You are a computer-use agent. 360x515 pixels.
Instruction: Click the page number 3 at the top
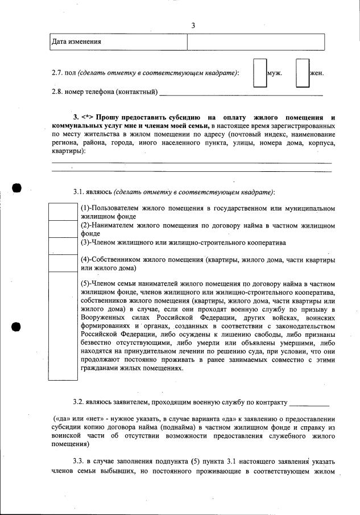click(193, 26)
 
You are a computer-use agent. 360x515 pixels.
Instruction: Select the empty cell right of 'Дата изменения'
click(256, 42)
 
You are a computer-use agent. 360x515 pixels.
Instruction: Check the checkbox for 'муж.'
click(260, 73)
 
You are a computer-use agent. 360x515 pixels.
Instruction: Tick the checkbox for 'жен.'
click(302, 73)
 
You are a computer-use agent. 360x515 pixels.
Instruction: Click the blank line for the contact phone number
click(241, 92)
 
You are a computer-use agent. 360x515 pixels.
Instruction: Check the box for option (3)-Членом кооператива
click(64, 245)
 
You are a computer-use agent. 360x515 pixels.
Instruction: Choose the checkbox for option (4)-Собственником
click(64, 263)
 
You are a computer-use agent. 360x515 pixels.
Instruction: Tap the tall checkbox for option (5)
click(64, 325)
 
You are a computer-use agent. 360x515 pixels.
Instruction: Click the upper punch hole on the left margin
click(16, 188)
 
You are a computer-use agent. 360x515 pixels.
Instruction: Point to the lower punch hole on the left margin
click(16, 327)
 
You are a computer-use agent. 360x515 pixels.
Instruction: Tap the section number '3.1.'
click(80, 191)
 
